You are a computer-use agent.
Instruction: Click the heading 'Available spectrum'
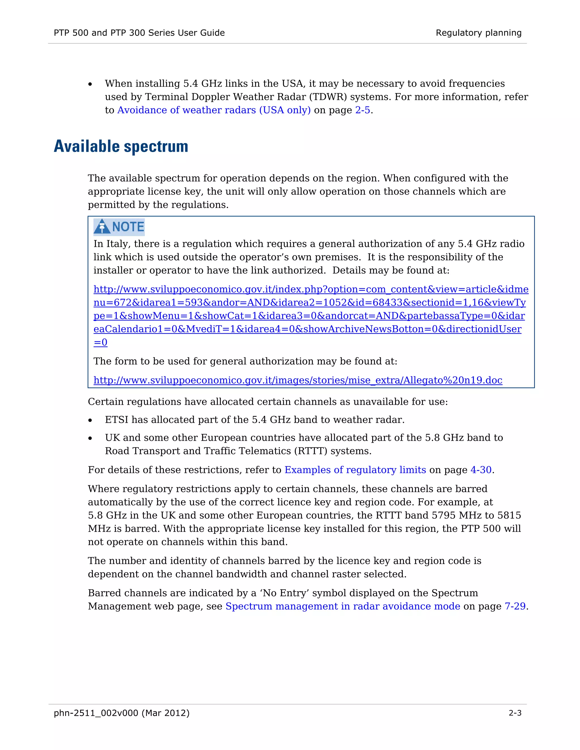point(121,147)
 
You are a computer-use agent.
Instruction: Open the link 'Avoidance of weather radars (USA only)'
point(214,110)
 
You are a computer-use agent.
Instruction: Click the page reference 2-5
point(362,110)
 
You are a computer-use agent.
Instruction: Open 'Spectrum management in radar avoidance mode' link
point(343,606)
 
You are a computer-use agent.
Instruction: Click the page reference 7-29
point(515,606)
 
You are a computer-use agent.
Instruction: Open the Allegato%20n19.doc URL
point(298,380)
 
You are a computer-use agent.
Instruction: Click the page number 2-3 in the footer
point(515,713)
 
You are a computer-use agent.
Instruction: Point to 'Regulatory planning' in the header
point(478,33)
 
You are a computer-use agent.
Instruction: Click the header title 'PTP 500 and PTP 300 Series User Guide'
point(139,33)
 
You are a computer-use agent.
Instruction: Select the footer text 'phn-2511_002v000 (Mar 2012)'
point(121,713)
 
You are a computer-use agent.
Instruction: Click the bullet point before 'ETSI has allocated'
point(90,420)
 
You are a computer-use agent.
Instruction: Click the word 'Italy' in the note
point(117,244)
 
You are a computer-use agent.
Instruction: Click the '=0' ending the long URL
point(100,342)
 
